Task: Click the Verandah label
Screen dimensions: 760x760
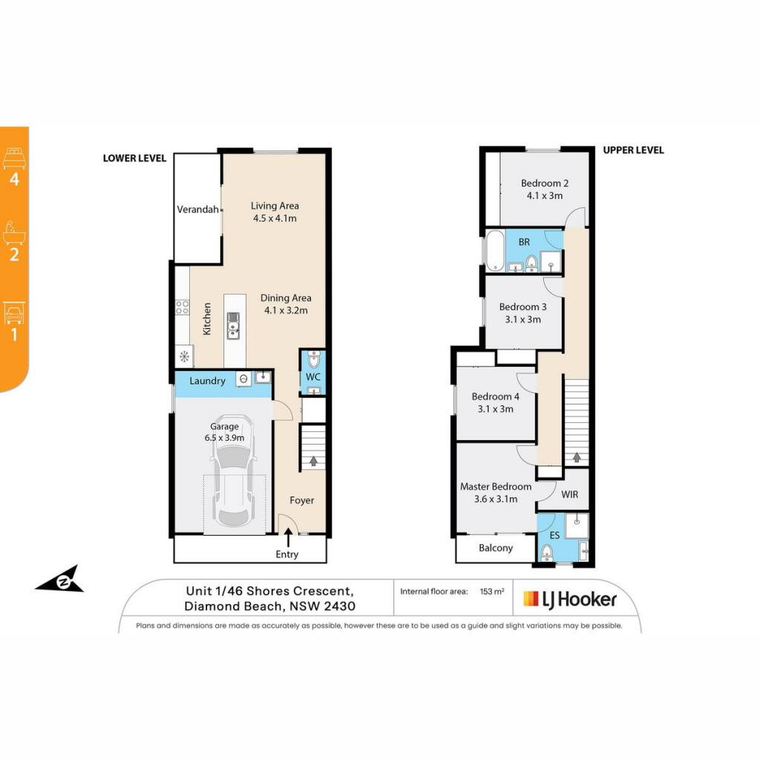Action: click(197, 209)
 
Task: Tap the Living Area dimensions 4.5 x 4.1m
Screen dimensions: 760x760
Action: click(275, 218)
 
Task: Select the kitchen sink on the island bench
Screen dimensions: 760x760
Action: click(234, 325)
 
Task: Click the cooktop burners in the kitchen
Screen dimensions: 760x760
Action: click(183, 307)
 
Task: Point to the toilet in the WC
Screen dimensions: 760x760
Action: click(313, 359)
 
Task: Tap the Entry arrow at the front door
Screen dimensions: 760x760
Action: click(289, 537)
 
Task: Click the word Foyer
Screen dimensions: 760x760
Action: click(301, 500)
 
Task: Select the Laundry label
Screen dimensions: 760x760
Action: click(208, 381)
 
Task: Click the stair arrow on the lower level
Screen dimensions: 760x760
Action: click(314, 460)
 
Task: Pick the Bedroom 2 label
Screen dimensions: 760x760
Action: click(545, 183)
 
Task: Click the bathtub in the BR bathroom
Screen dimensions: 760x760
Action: click(495, 250)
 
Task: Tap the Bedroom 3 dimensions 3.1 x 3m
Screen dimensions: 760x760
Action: click(523, 319)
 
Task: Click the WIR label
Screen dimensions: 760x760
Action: click(569, 494)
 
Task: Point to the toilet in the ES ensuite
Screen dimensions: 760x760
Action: click(547, 552)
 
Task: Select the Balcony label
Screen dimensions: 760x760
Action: click(495, 548)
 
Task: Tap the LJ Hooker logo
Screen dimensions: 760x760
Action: click(570, 600)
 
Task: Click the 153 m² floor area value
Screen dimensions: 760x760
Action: click(492, 592)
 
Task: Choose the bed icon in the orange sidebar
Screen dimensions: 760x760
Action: click(15, 159)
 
